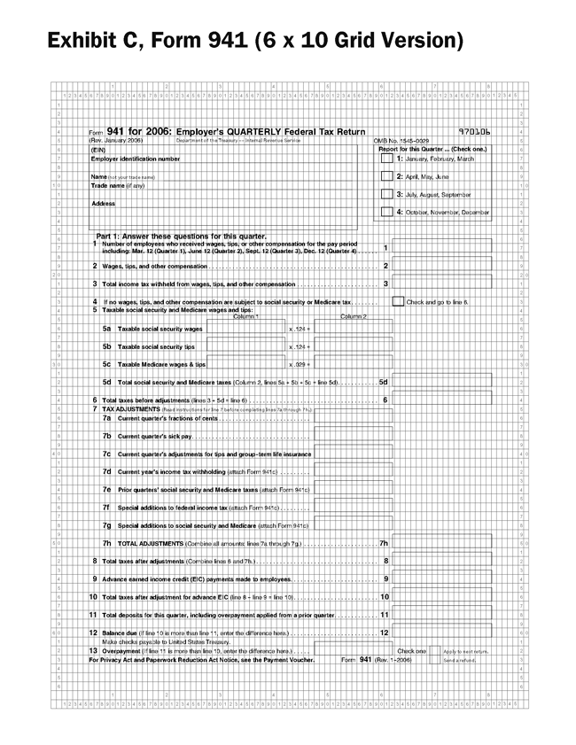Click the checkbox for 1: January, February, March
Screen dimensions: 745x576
coord(386,159)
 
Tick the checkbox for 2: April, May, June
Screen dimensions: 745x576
coord(386,176)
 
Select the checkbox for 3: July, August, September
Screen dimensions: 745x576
coord(386,194)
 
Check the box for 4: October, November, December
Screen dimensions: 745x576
coord(386,212)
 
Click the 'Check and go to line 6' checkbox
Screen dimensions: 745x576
coord(398,301)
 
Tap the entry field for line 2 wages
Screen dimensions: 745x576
coord(441,265)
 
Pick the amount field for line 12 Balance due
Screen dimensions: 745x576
coord(441,632)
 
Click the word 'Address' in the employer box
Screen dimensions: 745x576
coord(103,204)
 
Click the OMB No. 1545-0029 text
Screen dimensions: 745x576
coord(403,141)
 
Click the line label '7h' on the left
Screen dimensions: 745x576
coord(106,543)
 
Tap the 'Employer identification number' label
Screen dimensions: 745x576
coord(135,159)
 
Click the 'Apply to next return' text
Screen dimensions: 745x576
coord(465,651)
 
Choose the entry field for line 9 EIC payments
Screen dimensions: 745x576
coord(441,578)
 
